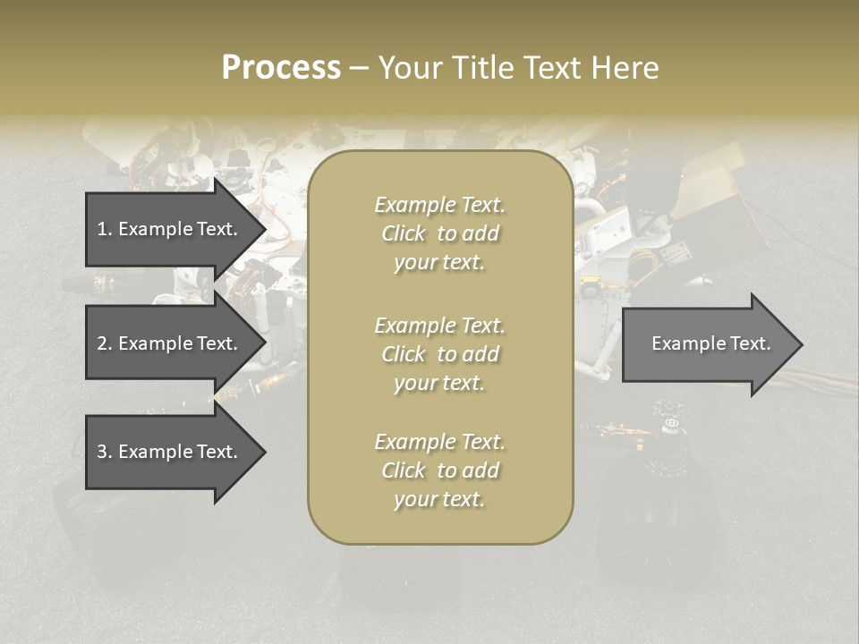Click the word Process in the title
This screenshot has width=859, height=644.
(281, 68)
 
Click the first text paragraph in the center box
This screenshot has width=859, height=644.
(439, 233)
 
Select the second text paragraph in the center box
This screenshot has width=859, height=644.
(439, 354)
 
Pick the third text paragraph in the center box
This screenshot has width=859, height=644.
(439, 470)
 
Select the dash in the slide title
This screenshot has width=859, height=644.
(359, 69)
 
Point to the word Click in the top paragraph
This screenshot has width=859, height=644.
(404, 233)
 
